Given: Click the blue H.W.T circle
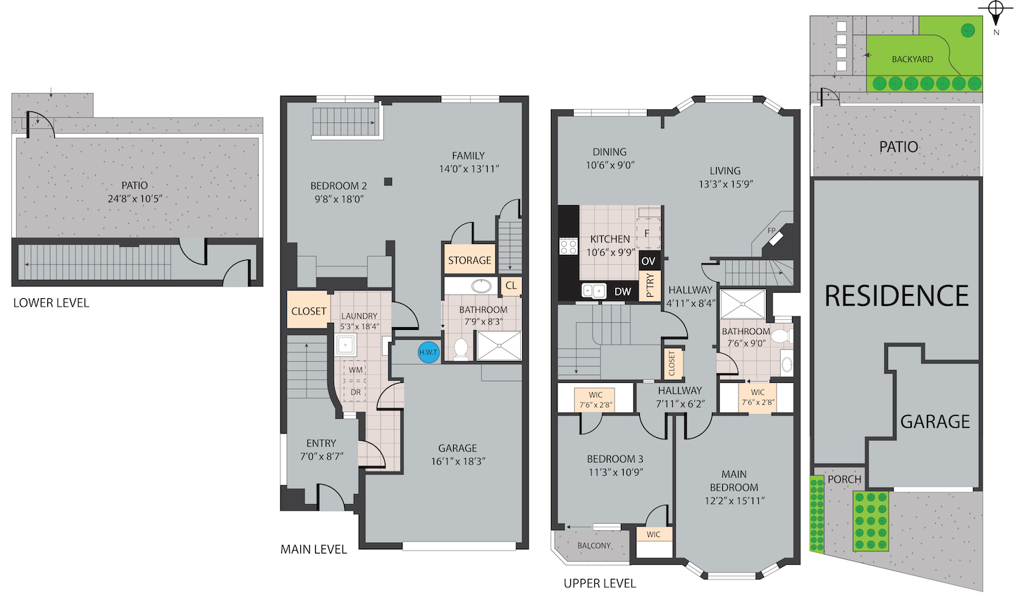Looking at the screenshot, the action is point(428,352).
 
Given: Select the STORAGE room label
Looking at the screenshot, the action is point(469,260).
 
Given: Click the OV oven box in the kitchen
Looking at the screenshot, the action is point(648,261).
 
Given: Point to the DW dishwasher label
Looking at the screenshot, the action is point(623,292).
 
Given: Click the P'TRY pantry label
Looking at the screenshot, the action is point(650,286).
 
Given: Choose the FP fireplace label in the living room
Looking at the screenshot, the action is point(771,231).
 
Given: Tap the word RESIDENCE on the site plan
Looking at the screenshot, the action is point(896,296).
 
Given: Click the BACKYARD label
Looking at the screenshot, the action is point(912,59).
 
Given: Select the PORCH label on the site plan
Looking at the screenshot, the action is point(844,479).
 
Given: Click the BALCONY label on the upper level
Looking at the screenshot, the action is point(593,546).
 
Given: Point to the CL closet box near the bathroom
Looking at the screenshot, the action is point(511,286).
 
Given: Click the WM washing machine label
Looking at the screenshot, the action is point(356,370).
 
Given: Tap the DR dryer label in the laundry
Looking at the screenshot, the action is point(355,392).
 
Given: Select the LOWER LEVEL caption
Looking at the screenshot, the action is point(51,303).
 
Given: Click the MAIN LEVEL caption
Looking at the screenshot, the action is point(314,550).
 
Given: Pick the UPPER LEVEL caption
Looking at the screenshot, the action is point(600,583).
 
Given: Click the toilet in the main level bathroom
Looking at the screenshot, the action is point(461,349).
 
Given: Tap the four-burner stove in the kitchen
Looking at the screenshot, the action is point(568,247).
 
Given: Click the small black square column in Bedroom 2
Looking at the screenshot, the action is point(388,182).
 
